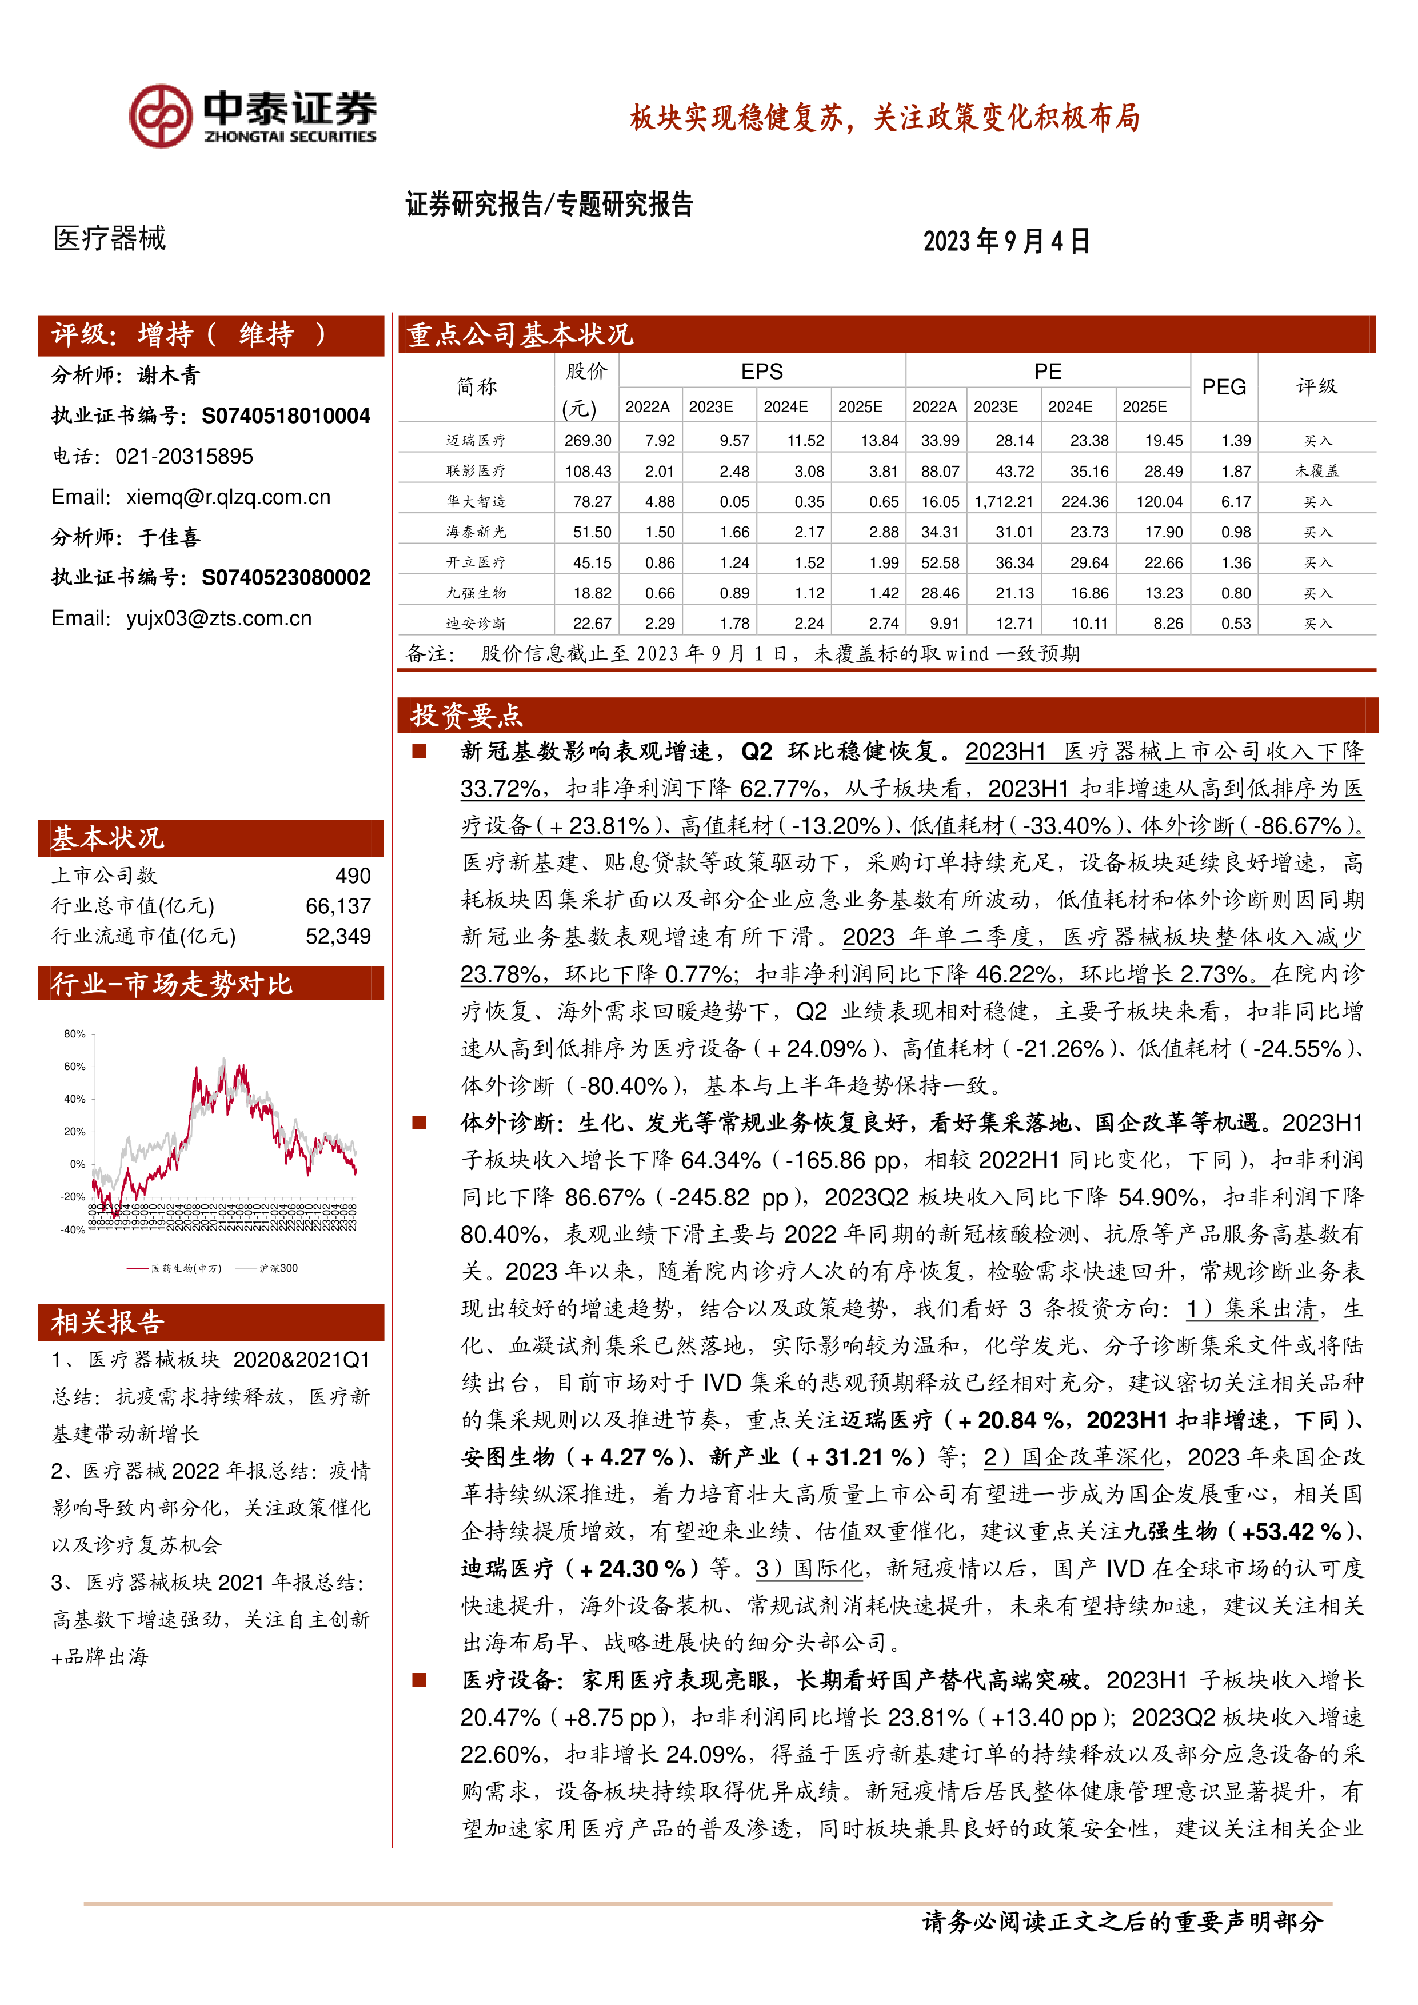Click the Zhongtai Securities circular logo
pos(161,116)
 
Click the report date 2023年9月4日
pos(1006,241)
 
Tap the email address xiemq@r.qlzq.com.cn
pos(228,497)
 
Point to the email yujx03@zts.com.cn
pos(218,618)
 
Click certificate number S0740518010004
pos(286,416)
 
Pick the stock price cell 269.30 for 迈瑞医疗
pos(588,440)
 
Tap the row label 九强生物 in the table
pos(476,593)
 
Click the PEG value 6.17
pos(1236,501)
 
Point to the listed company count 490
pos(353,875)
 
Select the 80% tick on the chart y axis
pos(74,1033)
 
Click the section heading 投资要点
pos(466,715)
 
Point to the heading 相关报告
pos(107,1322)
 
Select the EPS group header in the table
pos(761,371)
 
